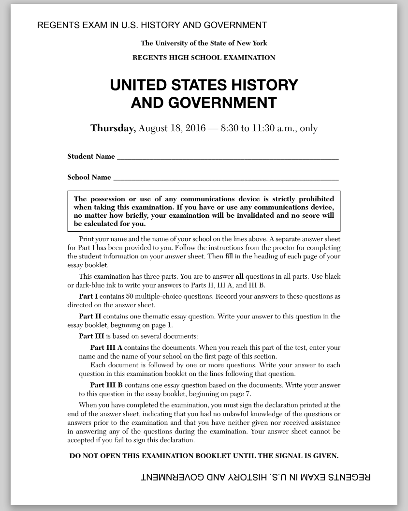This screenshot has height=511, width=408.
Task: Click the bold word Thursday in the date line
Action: click(113, 128)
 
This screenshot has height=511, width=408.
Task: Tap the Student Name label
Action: click(91, 156)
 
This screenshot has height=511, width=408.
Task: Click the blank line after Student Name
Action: click(227, 158)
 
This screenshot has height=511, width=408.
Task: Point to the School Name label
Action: click(89, 177)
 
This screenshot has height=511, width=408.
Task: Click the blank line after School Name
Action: click(225, 179)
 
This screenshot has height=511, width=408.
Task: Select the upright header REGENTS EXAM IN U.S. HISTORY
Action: click(152, 25)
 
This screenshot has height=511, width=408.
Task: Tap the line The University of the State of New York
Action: click(204, 43)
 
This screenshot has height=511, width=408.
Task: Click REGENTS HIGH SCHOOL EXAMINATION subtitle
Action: click(204, 58)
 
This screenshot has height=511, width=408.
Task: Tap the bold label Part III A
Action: click(106, 347)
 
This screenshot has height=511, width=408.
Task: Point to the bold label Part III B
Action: click(106, 385)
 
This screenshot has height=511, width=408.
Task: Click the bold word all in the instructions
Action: click(239, 276)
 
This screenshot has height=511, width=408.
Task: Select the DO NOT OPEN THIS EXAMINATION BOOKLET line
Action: click(204, 456)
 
